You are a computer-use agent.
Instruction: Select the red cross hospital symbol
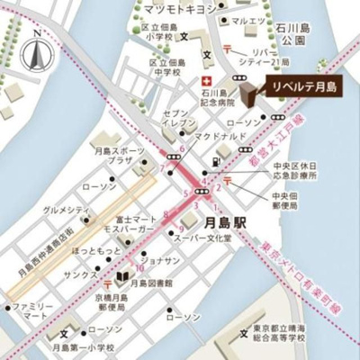tap(205, 80)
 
